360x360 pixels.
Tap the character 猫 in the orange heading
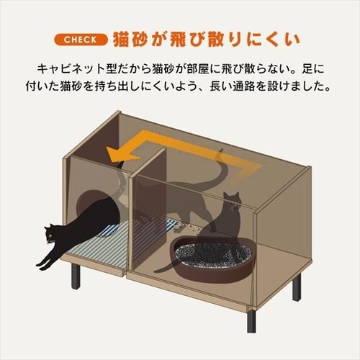pyautogui.click(x=125, y=37)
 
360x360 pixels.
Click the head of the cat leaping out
pyautogui.click(x=53, y=234)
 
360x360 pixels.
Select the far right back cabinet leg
pyautogui.click(x=296, y=287)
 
